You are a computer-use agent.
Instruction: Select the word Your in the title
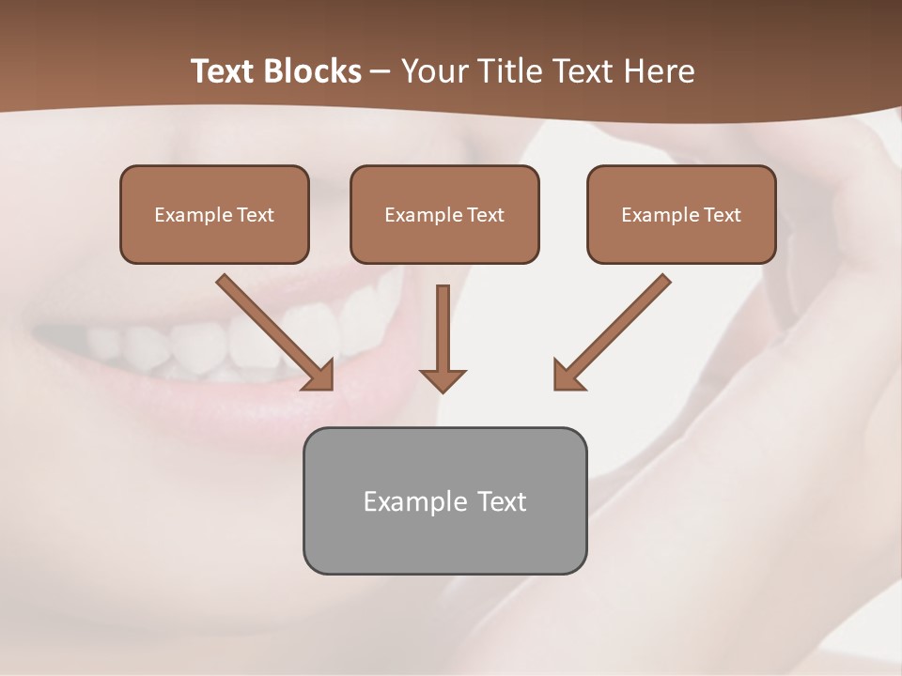[433, 71]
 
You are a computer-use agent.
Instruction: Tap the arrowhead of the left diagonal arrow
[320, 376]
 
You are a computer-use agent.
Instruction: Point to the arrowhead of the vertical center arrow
[443, 380]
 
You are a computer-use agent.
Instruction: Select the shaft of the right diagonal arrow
[624, 319]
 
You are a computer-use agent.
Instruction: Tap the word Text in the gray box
[502, 501]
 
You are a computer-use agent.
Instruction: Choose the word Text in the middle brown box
[485, 215]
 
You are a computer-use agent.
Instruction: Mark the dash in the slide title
[381, 72]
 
